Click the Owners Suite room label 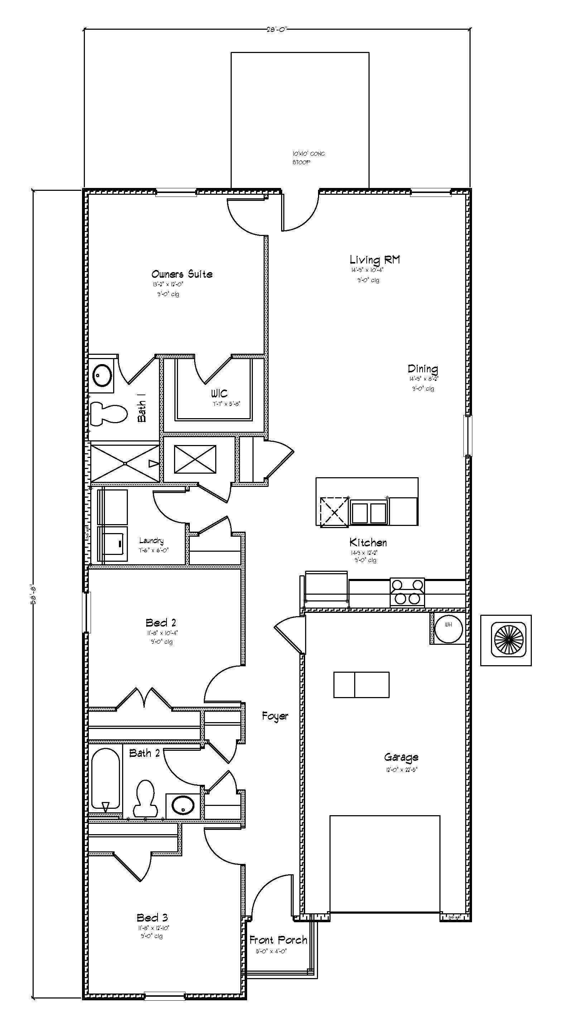click(182, 274)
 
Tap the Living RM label click(375, 260)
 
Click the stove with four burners click(407, 592)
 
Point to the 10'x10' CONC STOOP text click(308, 158)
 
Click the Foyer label click(275, 716)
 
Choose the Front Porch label click(278, 940)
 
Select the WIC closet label click(219, 393)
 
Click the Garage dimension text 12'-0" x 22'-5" click(401, 769)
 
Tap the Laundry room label click(151, 540)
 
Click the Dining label click(423, 369)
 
